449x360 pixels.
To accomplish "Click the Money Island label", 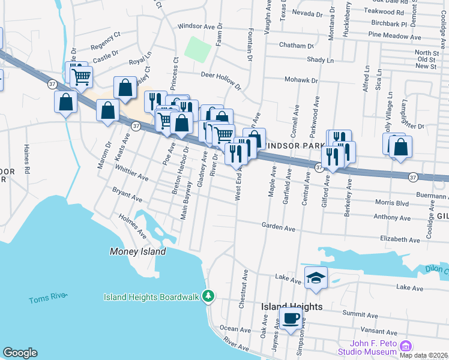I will pos(138,251).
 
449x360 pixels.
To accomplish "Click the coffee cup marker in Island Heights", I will pos(292,319).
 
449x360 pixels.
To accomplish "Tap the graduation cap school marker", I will pos(316,278).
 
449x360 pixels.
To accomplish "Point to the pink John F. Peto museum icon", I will pos(406,346).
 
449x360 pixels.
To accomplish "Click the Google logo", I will pos(20,353).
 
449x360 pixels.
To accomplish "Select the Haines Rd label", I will pos(26,159).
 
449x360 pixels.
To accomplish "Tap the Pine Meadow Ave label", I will pos(394,36).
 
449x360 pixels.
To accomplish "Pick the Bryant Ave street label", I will pos(127,194).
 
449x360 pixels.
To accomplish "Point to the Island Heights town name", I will pos(292,306).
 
